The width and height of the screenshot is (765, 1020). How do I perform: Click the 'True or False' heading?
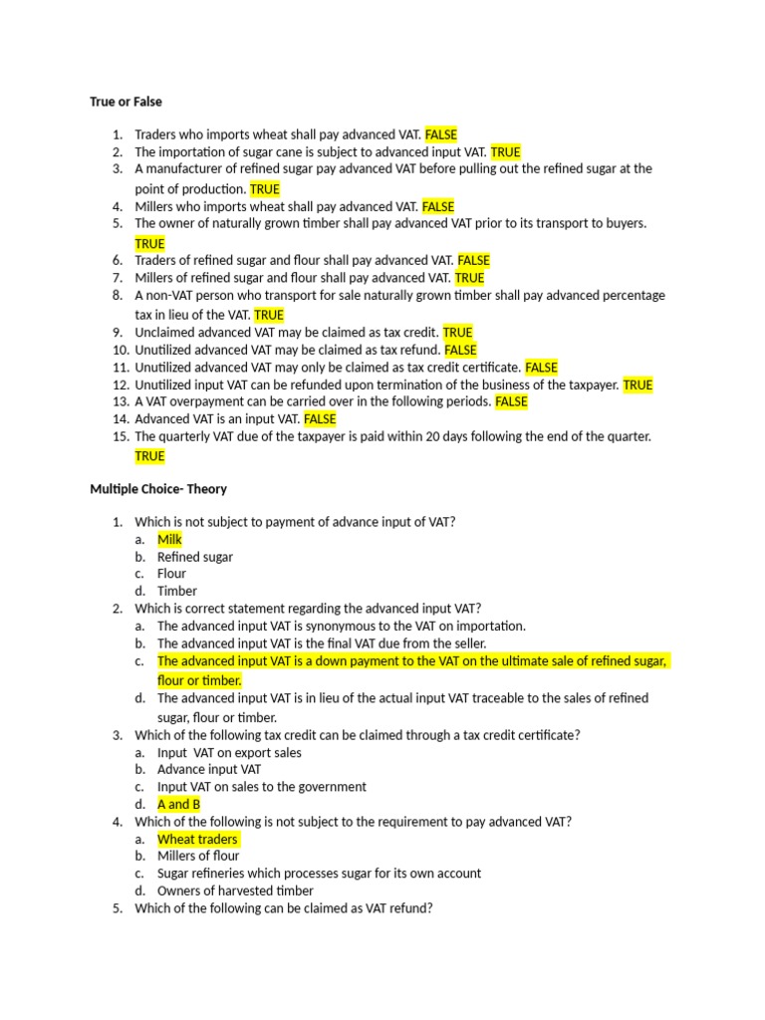click(x=126, y=102)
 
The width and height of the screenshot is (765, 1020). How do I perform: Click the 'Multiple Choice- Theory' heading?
click(x=158, y=489)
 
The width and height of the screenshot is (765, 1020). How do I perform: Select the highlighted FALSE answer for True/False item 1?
click(x=440, y=134)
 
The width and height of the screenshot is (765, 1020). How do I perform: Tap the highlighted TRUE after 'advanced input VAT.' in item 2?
click(x=505, y=152)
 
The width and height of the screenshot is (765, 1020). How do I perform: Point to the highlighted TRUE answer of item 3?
click(x=265, y=189)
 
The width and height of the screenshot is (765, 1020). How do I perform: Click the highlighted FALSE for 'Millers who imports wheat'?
click(x=438, y=207)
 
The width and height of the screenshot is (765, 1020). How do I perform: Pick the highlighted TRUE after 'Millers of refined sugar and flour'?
click(x=469, y=278)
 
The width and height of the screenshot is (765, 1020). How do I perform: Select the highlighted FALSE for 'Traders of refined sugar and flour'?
click(x=473, y=261)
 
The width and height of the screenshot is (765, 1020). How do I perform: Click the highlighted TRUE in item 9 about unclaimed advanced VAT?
click(x=457, y=333)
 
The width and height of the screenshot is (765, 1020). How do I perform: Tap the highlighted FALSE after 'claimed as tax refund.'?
click(x=460, y=351)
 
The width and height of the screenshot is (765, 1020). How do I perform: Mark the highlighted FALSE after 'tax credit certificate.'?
click(x=541, y=368)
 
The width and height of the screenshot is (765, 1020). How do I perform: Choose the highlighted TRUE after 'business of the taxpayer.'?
click(x=637, y=384)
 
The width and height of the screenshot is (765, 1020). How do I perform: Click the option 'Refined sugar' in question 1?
click(x=194, y=557)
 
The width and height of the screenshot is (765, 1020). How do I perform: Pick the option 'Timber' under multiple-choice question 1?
click(x=177, y=591)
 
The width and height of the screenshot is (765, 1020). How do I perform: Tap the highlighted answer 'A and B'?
click(x=178, y=804)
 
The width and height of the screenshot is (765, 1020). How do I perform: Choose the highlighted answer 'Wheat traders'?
click(x=197, y=839)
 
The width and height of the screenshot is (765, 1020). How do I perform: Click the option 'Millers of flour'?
click(x=198, y=856)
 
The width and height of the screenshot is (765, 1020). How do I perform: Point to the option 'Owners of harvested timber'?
click(x=235, y=891)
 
